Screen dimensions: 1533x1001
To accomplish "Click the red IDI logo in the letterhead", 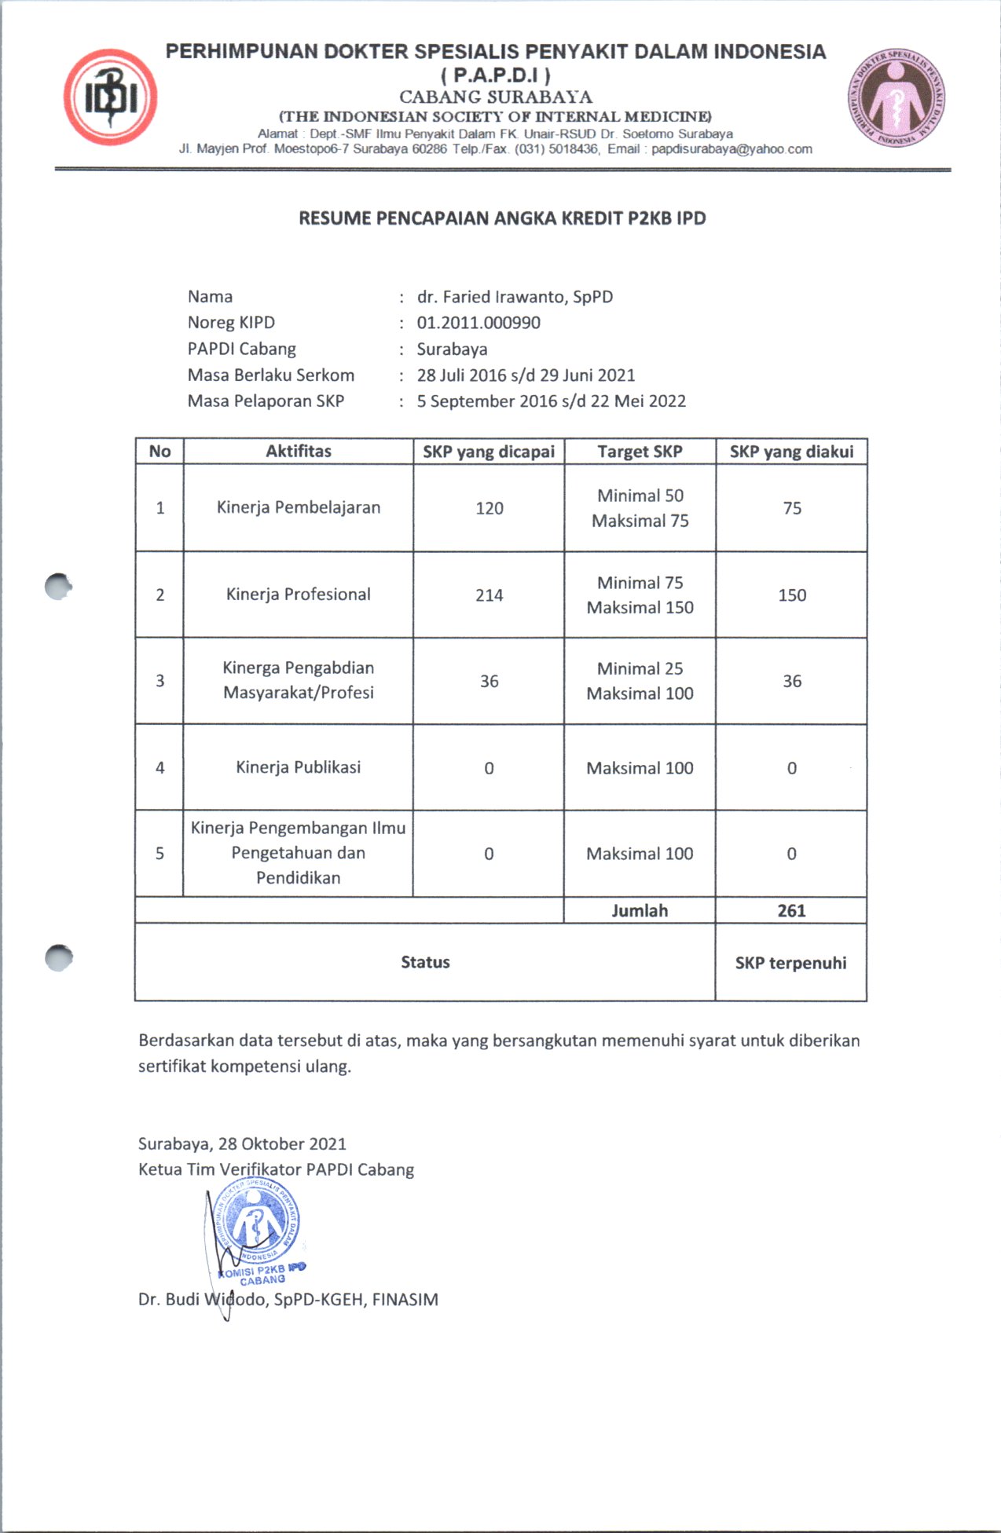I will click(x=110, y=97).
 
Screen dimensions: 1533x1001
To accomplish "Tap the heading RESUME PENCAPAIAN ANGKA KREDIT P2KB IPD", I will click(x=502, y=218).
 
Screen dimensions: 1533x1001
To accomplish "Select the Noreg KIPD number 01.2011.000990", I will click(x=478, y=323).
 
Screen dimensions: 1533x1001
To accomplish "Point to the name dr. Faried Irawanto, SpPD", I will click(x=515, y=297).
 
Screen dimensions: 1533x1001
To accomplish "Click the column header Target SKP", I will click(x=640, y=452).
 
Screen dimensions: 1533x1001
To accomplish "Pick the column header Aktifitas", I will click(x=299, y=451).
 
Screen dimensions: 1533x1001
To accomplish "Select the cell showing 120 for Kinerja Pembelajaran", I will click(x=489, y=508).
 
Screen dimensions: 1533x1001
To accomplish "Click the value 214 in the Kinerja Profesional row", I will click(x=489, y=595).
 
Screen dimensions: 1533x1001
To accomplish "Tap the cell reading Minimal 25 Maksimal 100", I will click(x=640, y=681).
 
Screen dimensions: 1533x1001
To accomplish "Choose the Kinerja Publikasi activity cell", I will click(x=299, y=767).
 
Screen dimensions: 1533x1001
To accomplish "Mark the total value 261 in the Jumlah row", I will click(x=791, y=911).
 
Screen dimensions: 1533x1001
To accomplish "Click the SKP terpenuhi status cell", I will click(x=790, y=963).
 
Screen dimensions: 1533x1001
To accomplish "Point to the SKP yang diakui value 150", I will click(x=792, y=595).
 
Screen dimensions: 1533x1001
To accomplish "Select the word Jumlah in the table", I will click(x=640, y=911).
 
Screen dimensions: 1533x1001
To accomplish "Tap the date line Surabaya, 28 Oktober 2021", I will click(x=242, y=1143).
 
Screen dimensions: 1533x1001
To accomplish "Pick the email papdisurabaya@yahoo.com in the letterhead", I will click(x=731, y=149).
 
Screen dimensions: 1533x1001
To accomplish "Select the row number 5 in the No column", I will click(x=159, y=854).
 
